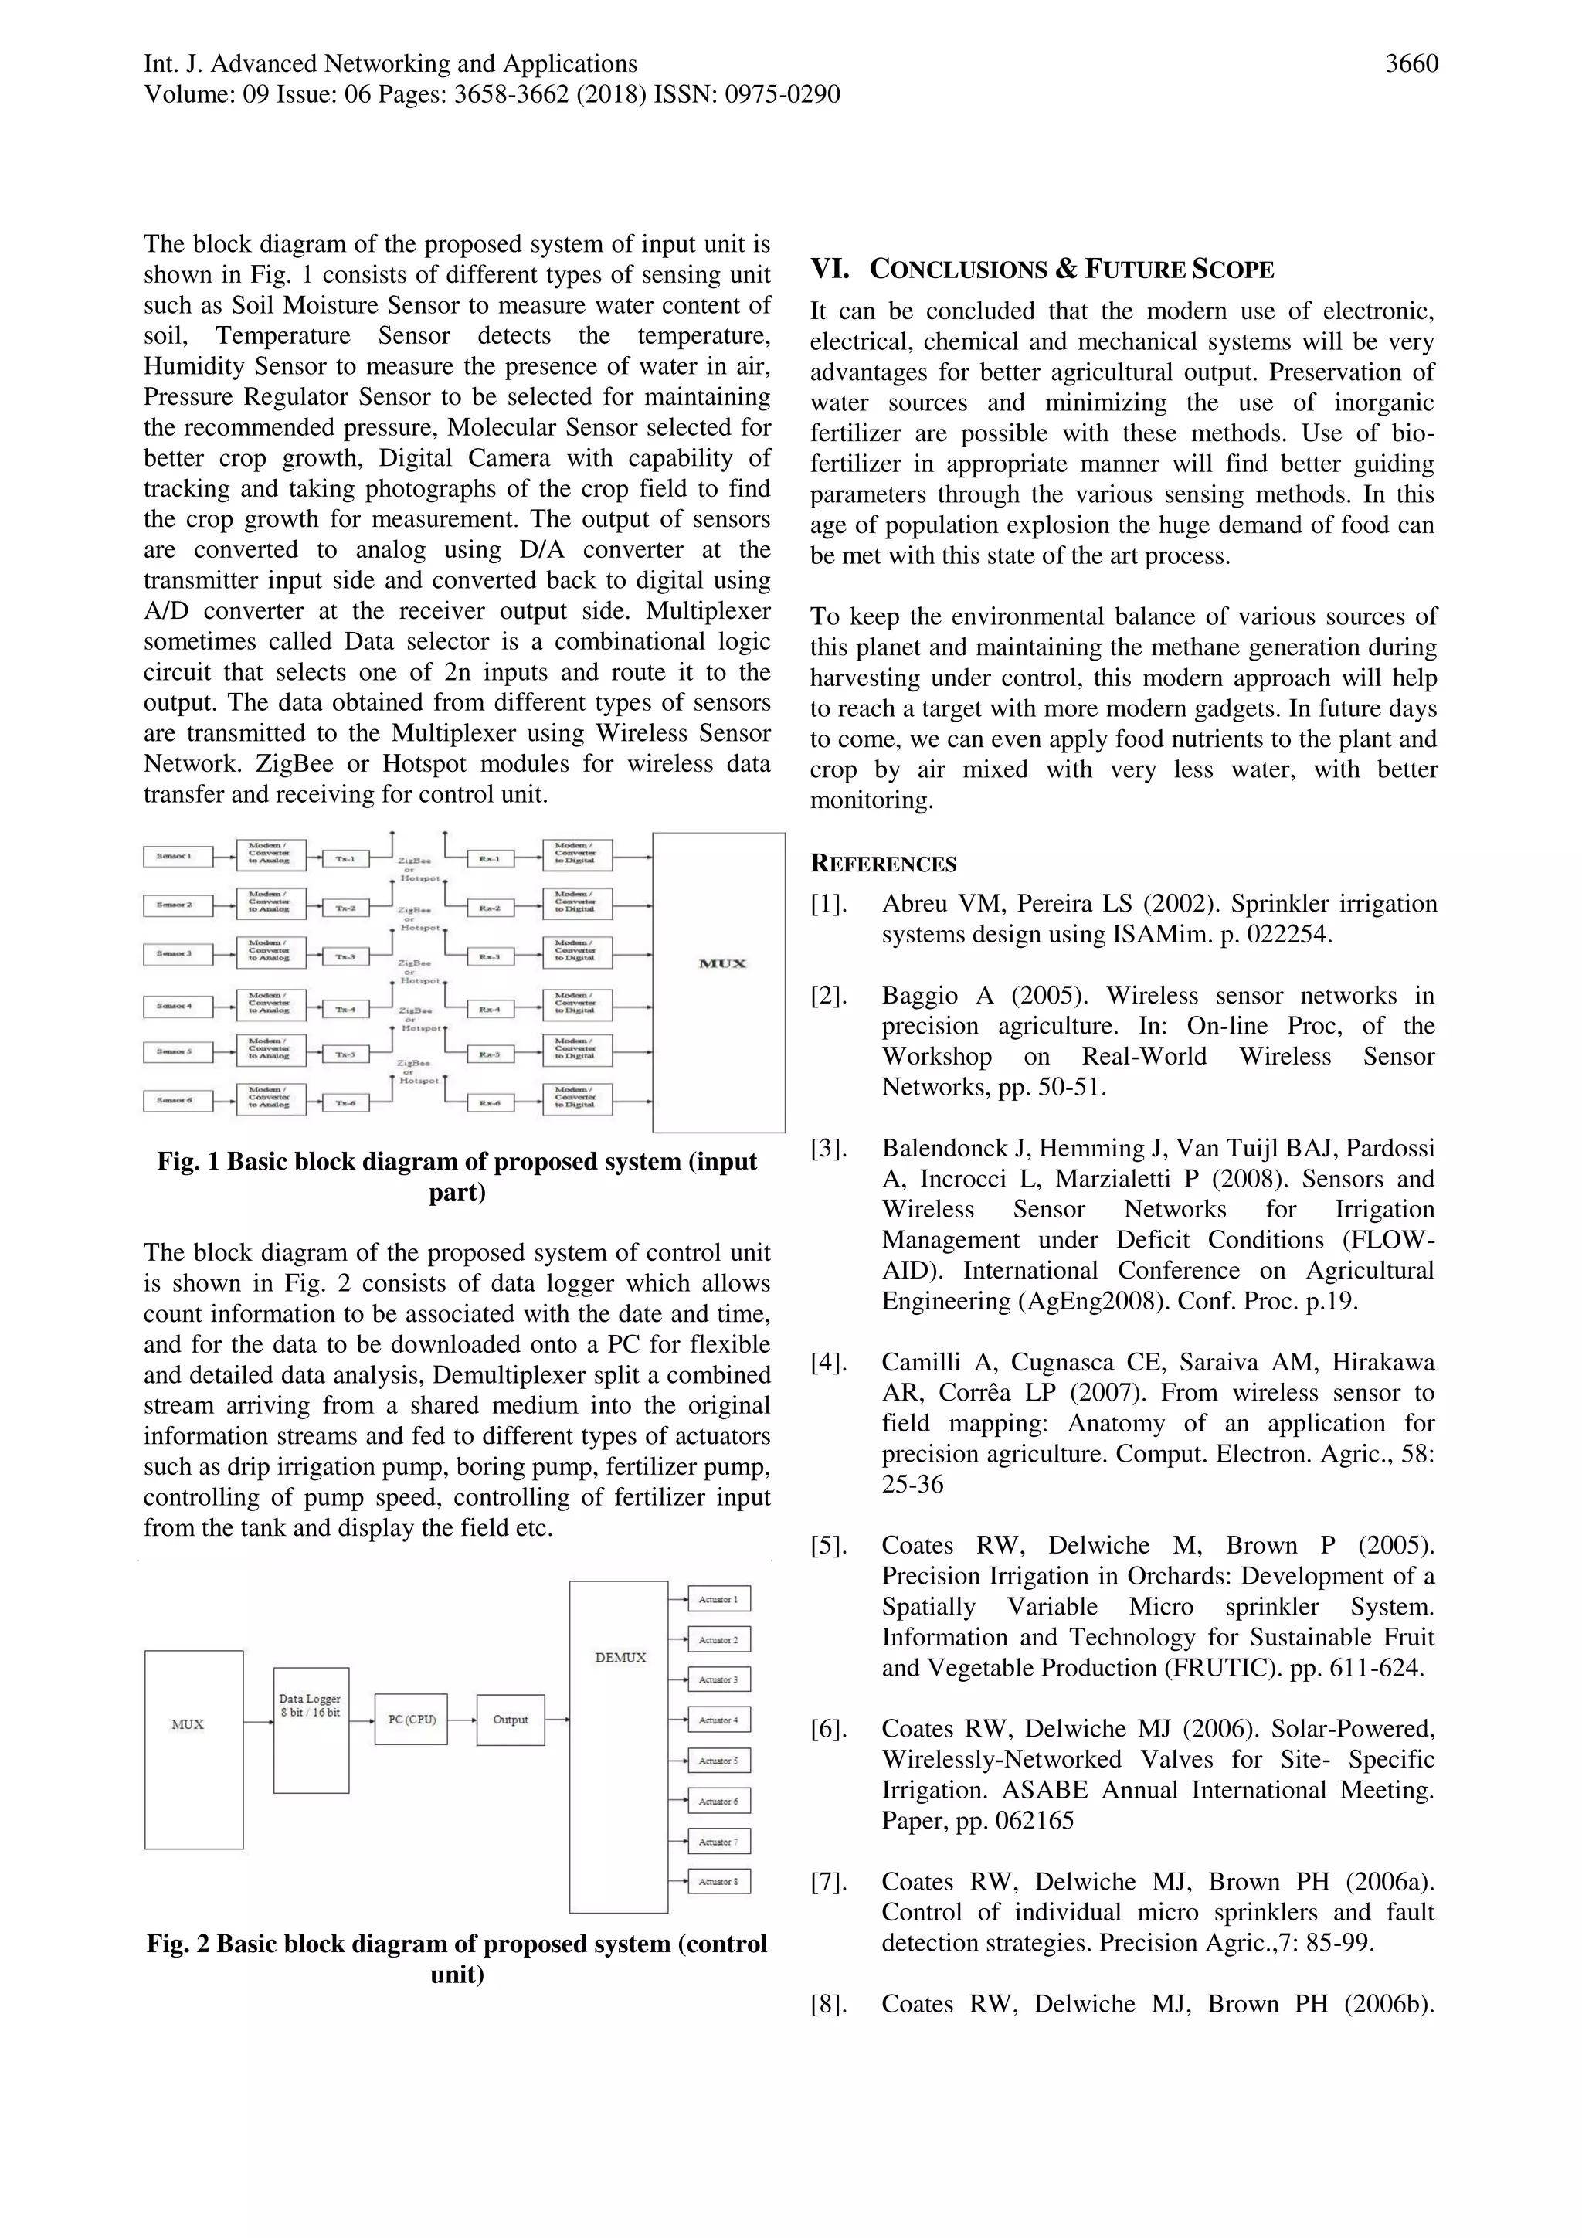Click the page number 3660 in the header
coord(1411,64)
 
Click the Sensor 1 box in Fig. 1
coord(178,857)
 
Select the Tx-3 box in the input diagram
coord(345,957)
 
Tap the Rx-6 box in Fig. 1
coord(489,1103)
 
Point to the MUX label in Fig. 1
coord(722,964)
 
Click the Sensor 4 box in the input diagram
coord(178,1005)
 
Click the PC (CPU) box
coord(410,1720)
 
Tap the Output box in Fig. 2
coord(510,1720)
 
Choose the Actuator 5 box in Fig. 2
coord(718,1761)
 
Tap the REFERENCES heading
coord(883,864)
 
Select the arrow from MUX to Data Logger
coord(258,1723)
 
